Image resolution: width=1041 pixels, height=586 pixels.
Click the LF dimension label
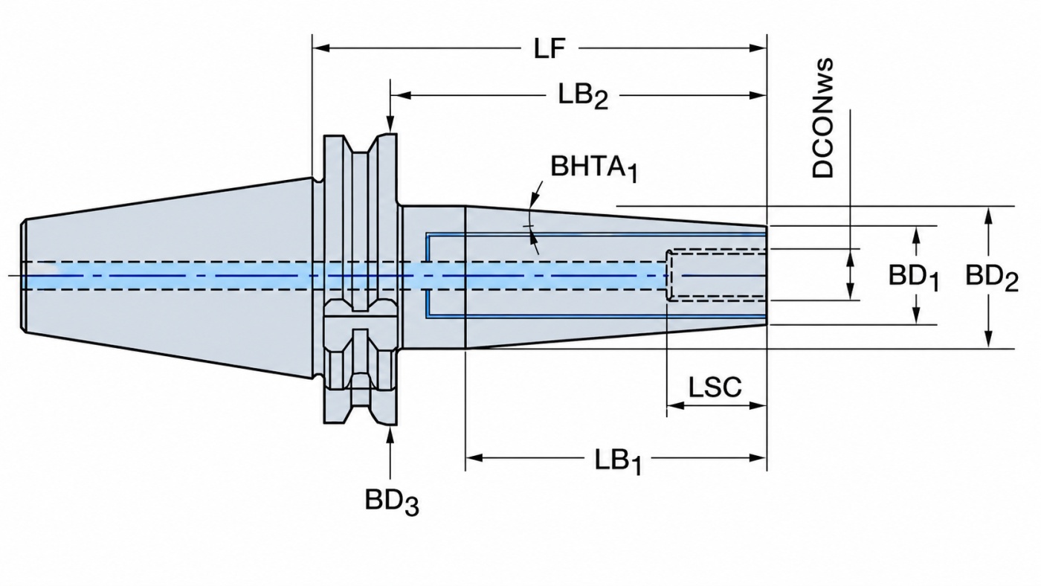coord(549,48)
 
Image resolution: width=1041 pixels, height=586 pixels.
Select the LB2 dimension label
coord(583,97)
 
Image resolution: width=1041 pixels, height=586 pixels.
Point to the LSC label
coord(715,387)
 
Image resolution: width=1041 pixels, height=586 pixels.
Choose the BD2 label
coord(992,277)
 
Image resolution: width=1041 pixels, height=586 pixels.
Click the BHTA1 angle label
coord(594,168)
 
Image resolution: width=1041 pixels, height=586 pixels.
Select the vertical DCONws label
coord(822,118)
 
